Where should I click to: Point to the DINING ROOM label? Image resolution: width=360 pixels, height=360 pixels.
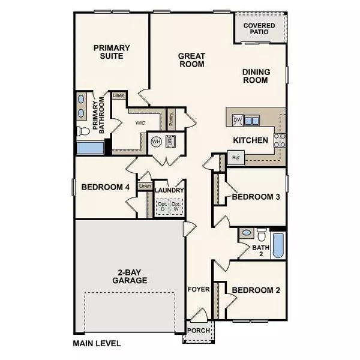coord(256,76)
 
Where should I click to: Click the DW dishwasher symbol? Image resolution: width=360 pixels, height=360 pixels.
coord(238,120)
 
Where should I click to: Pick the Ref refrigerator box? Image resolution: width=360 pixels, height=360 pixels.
coord(236,158)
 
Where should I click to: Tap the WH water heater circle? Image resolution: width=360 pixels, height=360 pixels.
coord(156,142)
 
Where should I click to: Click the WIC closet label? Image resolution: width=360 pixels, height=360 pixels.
coord(140,122)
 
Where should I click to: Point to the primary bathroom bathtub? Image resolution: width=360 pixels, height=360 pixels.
coord(91,148)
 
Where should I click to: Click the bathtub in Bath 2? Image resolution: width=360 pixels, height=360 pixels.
coord(278,245)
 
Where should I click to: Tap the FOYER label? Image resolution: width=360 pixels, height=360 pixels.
coord(199,289)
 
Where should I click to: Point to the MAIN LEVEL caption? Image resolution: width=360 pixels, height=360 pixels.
coord(97,344)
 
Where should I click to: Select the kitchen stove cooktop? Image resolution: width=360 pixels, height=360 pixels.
coord(279,140)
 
